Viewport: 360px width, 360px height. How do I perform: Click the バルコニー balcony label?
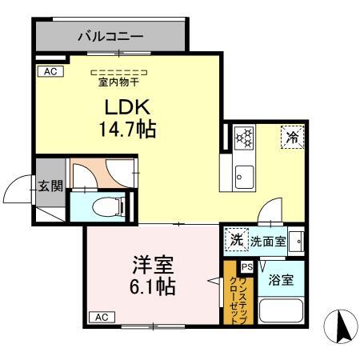[x=110, y=36]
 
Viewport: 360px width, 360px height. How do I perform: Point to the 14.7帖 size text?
[x=126, y=129]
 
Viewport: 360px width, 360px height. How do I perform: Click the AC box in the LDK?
[x=48, y=71]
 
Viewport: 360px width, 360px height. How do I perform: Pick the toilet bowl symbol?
[x=101, y=207]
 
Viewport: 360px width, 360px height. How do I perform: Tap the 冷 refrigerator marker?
[x=293, y=138]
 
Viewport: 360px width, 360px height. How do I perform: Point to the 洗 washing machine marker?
[x=236, y=238]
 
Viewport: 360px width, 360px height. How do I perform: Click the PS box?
[x=247, y=267]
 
